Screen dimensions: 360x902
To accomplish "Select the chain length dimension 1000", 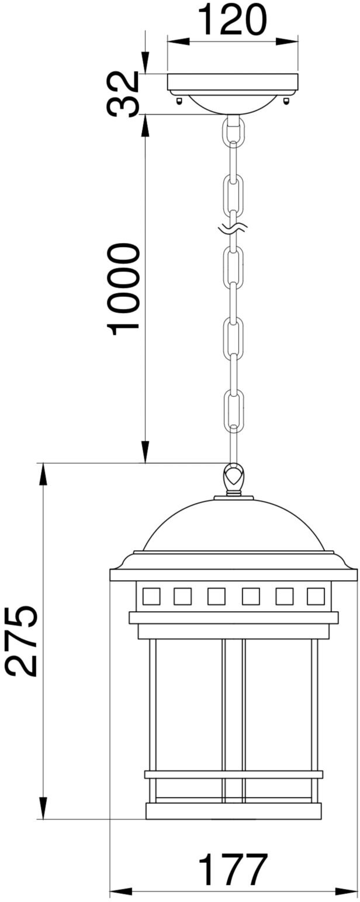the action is tap(124, 289).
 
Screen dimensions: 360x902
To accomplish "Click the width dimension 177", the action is tap(233, 870).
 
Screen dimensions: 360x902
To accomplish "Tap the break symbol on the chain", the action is tap(233, 227).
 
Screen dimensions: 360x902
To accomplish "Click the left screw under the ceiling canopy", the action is tap(179, 100).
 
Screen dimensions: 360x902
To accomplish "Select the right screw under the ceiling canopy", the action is tap(286, 100).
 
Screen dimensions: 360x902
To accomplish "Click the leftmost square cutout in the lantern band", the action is tap(151, 596).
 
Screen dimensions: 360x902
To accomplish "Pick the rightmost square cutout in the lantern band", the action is tap(316, 596).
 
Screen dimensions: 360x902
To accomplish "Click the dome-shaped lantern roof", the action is tap(233, 526).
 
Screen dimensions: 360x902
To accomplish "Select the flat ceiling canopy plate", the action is tap(233, 82).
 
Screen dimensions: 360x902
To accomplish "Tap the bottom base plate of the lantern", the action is tap(233, 811).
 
